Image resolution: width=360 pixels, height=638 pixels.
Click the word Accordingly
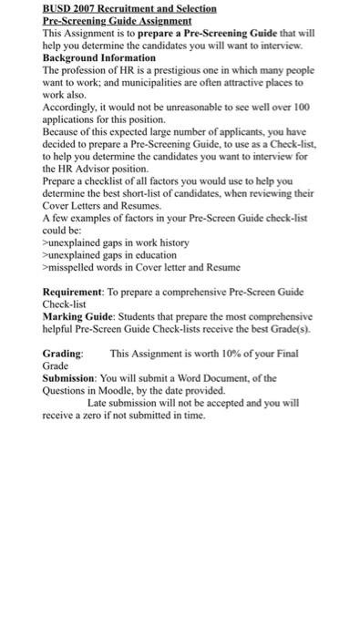click(x=69, y=106)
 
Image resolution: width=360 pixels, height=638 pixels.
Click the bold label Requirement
click(x=73, y=292)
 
